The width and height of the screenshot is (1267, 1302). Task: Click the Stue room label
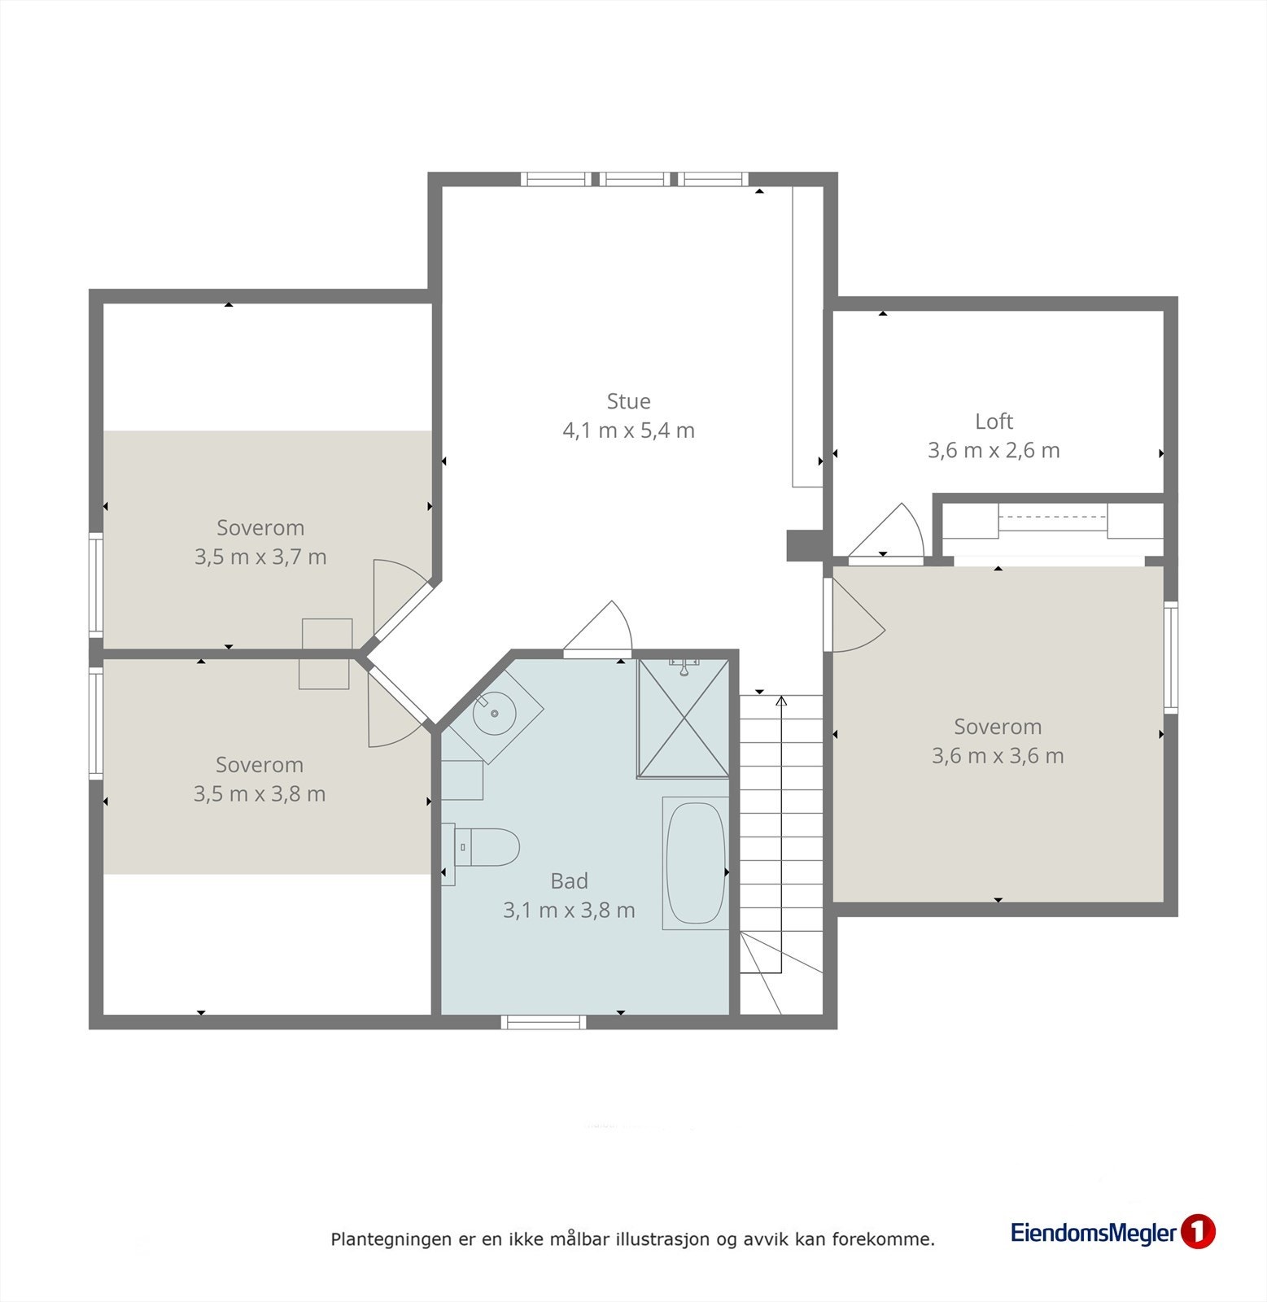(628, 401)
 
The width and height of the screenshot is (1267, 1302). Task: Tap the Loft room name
(994, 422)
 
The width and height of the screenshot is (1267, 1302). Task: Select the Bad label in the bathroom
(569, 880)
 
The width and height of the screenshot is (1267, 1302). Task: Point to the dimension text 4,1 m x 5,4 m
(628, 430)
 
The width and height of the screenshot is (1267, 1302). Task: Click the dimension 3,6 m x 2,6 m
(994, 451)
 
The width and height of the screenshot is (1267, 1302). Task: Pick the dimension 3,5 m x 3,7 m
(260, 557)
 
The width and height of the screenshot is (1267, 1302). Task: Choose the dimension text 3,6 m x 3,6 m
(998, 756)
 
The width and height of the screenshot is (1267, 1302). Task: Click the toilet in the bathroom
(481, 847)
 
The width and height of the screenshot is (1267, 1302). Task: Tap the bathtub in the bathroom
(695, 863)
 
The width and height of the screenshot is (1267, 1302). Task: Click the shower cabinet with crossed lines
(684, 719)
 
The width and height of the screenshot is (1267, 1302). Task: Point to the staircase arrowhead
(781, 701)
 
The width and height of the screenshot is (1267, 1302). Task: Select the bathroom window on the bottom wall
(544, 1022)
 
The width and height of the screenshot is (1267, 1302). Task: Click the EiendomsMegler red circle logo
(1197, 1232)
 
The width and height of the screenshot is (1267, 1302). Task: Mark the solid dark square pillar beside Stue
(801, 546)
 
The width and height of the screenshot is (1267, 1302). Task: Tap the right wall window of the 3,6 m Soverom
(1171, 658)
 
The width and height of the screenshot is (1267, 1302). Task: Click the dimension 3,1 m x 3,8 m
(569, 911)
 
